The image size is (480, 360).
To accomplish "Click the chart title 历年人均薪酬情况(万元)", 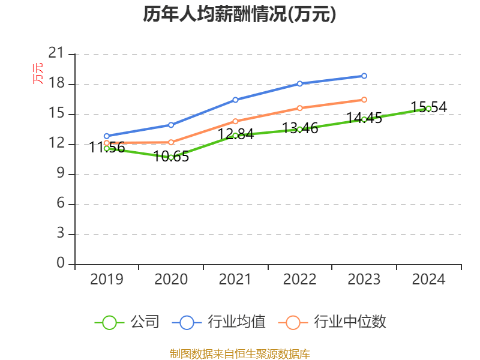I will tap(239, 14).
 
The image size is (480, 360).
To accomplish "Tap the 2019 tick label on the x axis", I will tap(106, 279).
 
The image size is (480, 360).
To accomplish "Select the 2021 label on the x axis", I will tap(235, 279).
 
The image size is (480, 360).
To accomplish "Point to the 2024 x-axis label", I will tap(428, 279).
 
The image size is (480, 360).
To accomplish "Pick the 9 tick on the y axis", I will tap(61, 174).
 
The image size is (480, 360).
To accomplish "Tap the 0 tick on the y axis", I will tap(61, 264).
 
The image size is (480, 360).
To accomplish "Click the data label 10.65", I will tap(171, 157).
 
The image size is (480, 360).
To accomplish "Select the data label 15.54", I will tap(428, 107).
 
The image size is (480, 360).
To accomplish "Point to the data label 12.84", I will tap(235, 134).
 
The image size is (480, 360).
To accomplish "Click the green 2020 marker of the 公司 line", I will tap(171, 157).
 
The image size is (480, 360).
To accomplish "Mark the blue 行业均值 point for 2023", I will tap(364, 76).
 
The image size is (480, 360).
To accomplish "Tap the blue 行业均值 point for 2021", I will tap(235, 100).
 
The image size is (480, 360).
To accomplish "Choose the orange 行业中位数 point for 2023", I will tap(364, 100).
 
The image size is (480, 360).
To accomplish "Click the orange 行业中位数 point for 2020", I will tap(171, 142).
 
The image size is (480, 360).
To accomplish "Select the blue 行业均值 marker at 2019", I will tap(106, 136).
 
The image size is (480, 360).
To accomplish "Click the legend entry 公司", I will tap(127, 322).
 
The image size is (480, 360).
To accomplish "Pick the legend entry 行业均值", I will tap(218, 322).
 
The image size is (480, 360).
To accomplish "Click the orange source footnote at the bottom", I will tap(239, 353).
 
